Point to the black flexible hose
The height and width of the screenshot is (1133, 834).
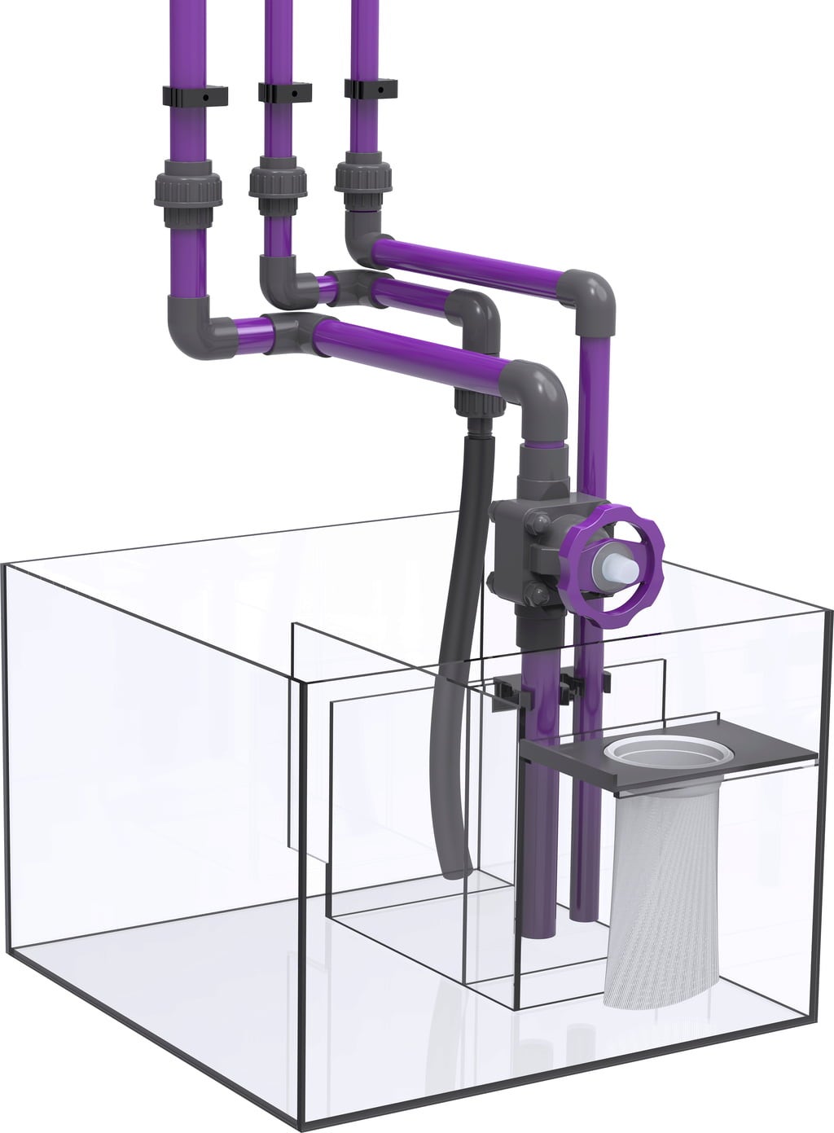click(452, 652)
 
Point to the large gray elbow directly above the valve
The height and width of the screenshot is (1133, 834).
click(538, 395)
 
